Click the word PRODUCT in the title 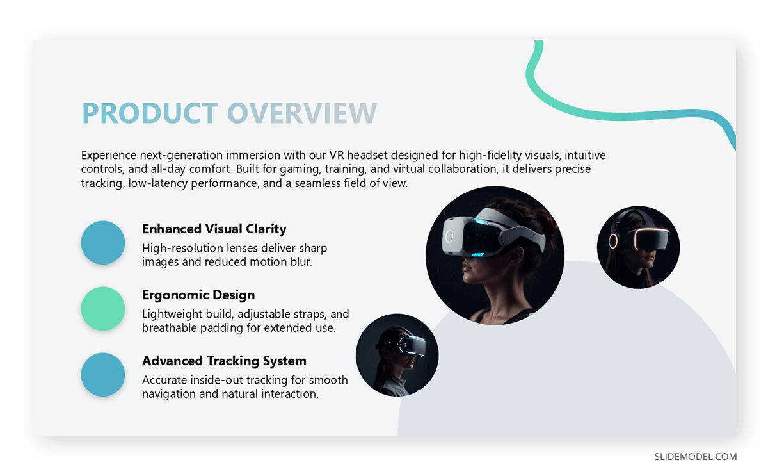tap(150, 113)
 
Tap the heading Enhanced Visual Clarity tap(214, 229)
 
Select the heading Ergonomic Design tap(198, 295)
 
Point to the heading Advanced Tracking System tap(224, 361)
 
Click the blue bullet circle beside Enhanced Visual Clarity tap(102, 243)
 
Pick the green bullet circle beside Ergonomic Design tap(102, 309)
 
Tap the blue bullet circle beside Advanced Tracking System tap(102, 375)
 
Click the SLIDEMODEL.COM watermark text tap(695, 457)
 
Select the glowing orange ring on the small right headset tap(613, 241)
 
